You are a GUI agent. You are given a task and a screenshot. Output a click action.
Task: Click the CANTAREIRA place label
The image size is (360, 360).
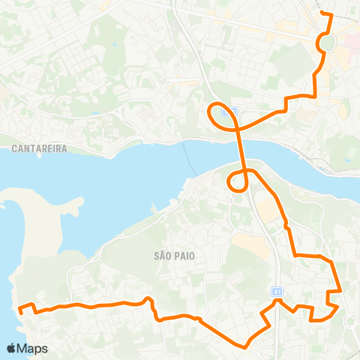coord(39,148)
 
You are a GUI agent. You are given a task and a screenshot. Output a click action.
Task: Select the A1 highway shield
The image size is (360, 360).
coord(277,291)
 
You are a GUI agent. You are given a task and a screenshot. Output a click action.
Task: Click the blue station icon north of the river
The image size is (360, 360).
coord(232,111)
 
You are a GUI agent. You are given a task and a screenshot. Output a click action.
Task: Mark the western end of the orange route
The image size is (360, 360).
coord(19,308)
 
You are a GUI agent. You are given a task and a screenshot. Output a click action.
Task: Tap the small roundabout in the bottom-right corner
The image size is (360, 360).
coord(349,322)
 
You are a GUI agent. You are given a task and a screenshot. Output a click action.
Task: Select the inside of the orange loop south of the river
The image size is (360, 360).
coord(237,180)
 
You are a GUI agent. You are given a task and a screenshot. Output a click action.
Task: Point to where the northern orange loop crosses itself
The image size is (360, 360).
coord(238,128)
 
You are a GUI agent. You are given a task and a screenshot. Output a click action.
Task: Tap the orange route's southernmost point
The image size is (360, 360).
coord(245,347)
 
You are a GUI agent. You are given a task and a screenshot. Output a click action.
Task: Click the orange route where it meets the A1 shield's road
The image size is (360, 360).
coord(277,301)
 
